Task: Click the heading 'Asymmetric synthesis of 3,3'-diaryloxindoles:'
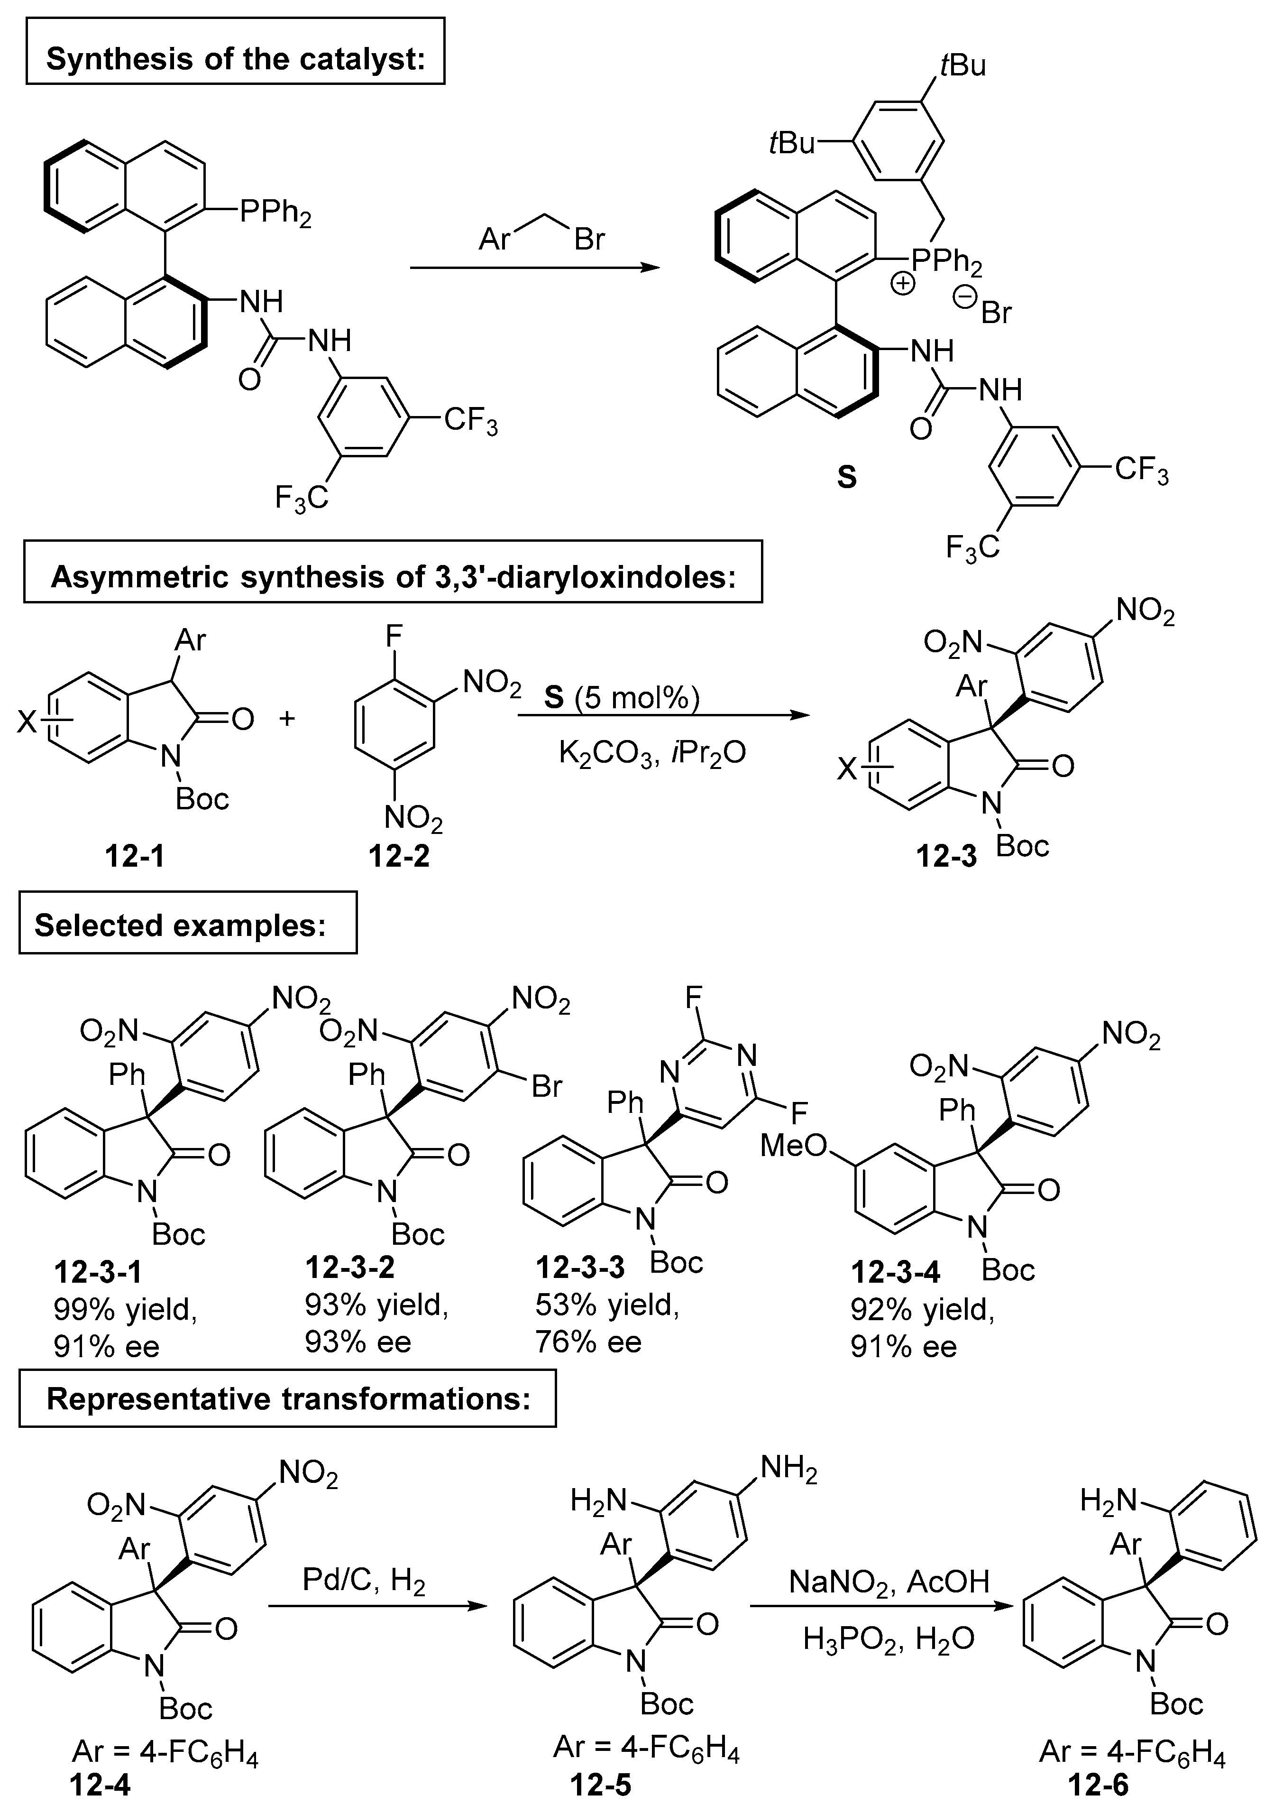[x=393, y=577]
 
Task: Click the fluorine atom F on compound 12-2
[x=394, y=634]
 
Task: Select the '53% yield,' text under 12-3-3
[x=606, y=1305]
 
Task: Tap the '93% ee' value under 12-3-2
[x=358, y=1342]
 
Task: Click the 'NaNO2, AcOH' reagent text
[x=889, y=1581]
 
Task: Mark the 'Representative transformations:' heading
[x=287, y=1398]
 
